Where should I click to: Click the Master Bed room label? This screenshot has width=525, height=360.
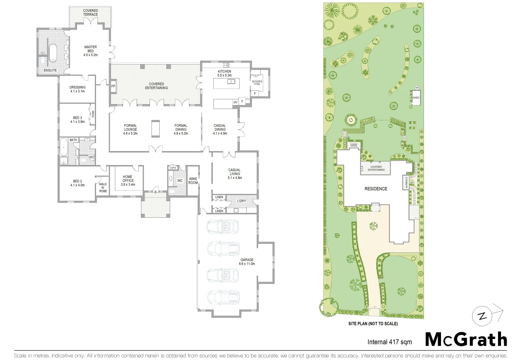[91, 51]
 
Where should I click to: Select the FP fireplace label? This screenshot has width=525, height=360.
[113, 86]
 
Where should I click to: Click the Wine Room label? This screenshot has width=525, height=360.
[193, 181]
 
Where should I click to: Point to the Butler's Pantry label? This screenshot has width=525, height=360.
[257, 83]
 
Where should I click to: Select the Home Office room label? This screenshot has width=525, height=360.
[128, 181]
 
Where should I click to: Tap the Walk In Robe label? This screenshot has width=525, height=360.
[103, 187]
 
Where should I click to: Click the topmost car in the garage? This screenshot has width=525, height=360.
[223, 226]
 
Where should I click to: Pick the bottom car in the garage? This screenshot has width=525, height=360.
[223, 297]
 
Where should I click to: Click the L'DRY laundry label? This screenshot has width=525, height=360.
[242, 201]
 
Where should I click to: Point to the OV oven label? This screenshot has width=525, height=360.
[235, 102]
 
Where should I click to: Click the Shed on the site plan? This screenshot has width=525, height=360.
[416, 98]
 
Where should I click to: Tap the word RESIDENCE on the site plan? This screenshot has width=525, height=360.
[376, 189]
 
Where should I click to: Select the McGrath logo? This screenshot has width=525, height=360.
[466, 340]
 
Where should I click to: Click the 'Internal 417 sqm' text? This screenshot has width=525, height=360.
[389, 342]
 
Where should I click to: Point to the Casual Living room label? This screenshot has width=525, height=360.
[235, 174]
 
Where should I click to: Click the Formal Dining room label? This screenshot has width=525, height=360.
[181, 129]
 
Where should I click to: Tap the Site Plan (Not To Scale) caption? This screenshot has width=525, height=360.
[373, 323]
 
